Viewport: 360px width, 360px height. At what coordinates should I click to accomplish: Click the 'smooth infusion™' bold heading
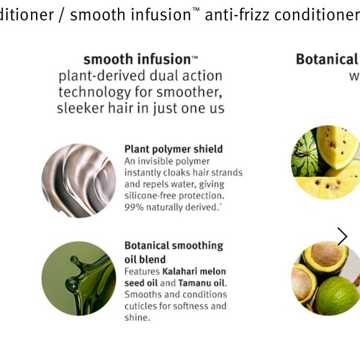click(140, 60)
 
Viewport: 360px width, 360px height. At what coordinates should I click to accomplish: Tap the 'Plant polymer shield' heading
click(173, 149)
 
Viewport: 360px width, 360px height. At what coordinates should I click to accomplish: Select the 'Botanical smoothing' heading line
click(173, 246)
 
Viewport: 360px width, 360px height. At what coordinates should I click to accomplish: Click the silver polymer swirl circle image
click(79, 181)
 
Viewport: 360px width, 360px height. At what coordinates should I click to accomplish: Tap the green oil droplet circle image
click(79, 278)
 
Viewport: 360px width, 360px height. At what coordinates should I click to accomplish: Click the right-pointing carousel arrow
click(342, 236)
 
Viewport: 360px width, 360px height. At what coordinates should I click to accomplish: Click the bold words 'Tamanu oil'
click(201, 283)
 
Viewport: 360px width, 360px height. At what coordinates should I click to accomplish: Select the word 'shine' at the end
click(136, 318)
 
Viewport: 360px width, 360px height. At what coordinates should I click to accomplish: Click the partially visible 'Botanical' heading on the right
click(327, 60)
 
